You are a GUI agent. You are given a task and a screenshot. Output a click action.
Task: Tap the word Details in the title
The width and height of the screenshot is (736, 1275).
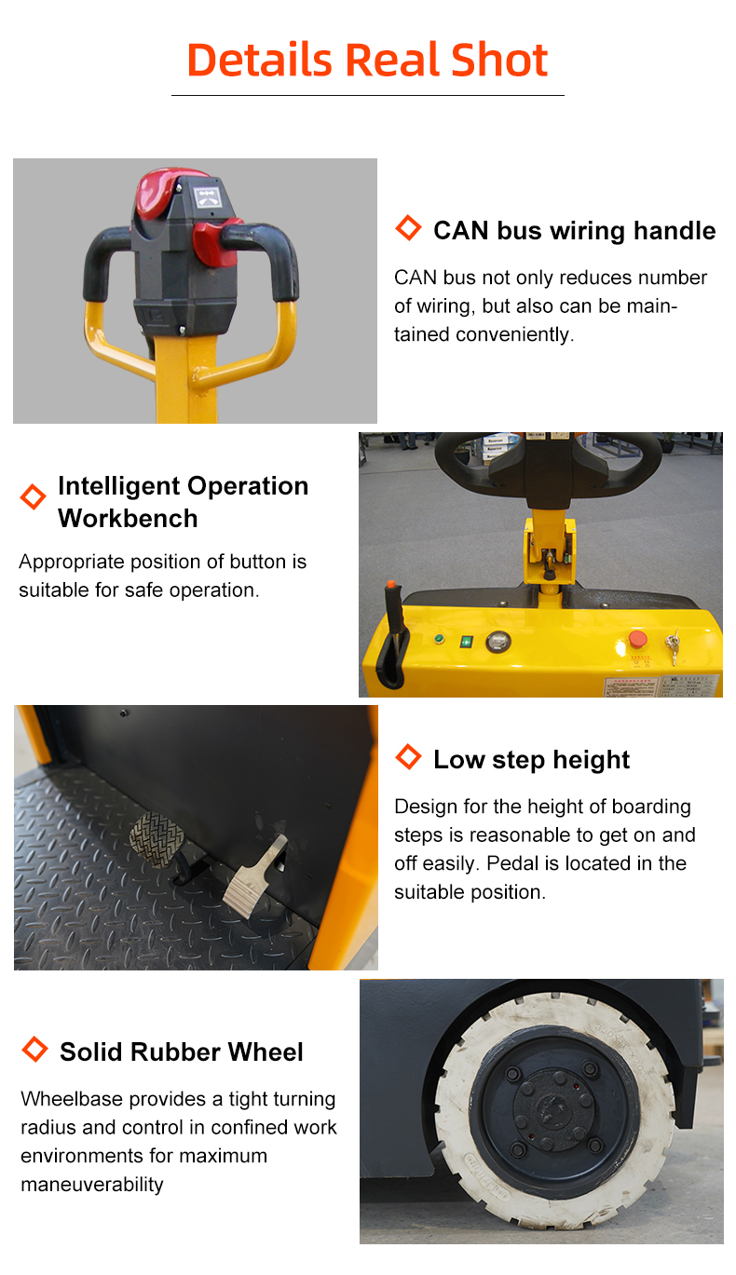[259, 60]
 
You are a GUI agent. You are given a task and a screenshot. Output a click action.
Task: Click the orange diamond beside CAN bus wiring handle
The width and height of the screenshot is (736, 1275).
[408, 227]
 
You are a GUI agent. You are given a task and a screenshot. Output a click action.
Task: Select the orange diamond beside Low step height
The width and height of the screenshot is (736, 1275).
[408, 756]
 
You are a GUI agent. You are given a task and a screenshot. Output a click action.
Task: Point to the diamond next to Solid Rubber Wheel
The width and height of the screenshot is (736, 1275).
[34, 1049]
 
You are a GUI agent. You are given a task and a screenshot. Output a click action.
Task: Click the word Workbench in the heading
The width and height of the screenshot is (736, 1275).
[128, 518]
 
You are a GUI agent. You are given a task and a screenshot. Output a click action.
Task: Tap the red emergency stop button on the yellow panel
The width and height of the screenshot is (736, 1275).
[637, 639]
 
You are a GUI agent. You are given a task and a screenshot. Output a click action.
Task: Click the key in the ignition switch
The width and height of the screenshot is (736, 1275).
[674, 646]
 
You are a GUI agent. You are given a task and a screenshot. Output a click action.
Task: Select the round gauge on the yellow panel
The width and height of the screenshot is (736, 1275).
[498, 642]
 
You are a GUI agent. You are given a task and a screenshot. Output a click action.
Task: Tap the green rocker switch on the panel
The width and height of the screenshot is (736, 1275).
[466, 642]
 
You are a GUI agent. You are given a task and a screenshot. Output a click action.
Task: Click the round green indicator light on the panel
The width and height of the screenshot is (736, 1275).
[439, 639]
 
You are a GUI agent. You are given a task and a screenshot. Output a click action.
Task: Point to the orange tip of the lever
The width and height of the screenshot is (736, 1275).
[390, 584]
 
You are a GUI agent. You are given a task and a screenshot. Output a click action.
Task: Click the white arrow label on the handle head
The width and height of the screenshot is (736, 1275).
[207, 197]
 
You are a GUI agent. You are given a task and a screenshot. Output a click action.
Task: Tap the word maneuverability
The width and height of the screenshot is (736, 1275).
[92, 1184]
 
